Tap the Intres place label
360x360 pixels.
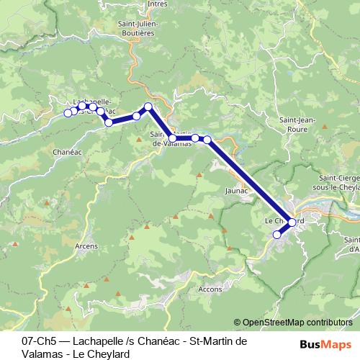(156, 4)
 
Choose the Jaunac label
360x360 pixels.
(236, 191)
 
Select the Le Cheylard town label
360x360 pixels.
(283, 220)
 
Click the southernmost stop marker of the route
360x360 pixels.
(276, 234)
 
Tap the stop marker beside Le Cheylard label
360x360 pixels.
(292, 222)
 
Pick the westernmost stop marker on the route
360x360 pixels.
(68, 112)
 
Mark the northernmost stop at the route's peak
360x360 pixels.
(148, 107)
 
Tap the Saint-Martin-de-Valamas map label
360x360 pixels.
(171, 138)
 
